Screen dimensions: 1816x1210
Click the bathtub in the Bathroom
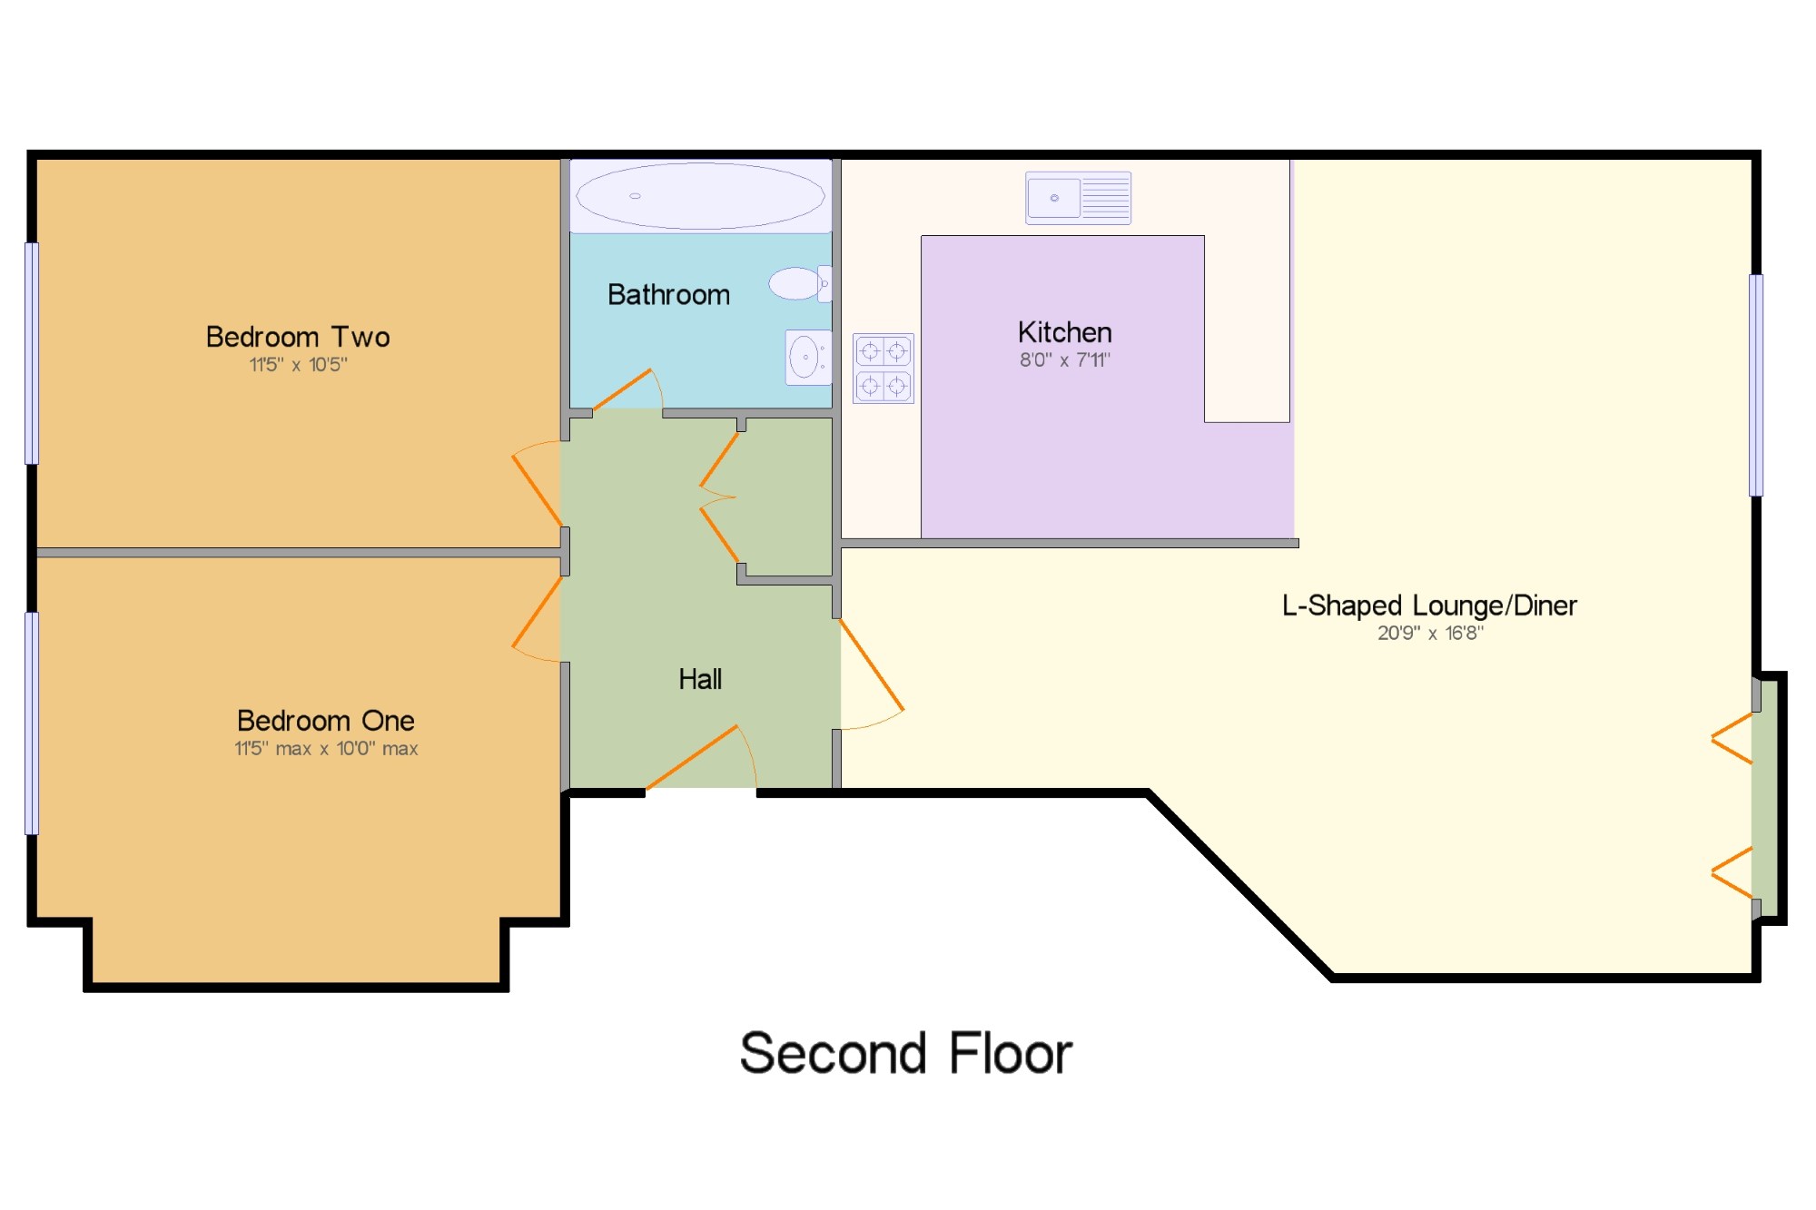tap(700, 196)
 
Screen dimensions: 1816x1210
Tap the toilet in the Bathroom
tap(800, 283)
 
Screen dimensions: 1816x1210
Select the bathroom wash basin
tap(807, 357)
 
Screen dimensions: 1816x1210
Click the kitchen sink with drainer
tap(1079, 198)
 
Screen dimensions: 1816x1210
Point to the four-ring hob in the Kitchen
tap(883, 368)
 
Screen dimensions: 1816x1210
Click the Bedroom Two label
tap(298, 337)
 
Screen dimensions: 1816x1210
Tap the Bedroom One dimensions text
tap(326, 749)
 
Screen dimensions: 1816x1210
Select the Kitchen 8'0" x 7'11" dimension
tap(1064, 360)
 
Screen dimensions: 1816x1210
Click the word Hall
tap(700, 679)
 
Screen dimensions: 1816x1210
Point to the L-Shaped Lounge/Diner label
tap(1429, 605)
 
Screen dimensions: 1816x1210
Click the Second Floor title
tap(906, 1053)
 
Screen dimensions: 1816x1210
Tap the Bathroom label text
tap(668, 295)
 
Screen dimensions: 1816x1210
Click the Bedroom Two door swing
tap(538, 484)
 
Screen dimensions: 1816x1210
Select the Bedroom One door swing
tap(538, 619)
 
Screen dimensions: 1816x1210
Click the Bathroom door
tap(627, 389)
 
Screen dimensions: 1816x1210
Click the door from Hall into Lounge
tap(871, 674)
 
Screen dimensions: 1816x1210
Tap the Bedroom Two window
tap(32, 353)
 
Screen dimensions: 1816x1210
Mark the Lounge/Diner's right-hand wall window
tap(1756, 385)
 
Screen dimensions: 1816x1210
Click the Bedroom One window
tap(32, 723)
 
